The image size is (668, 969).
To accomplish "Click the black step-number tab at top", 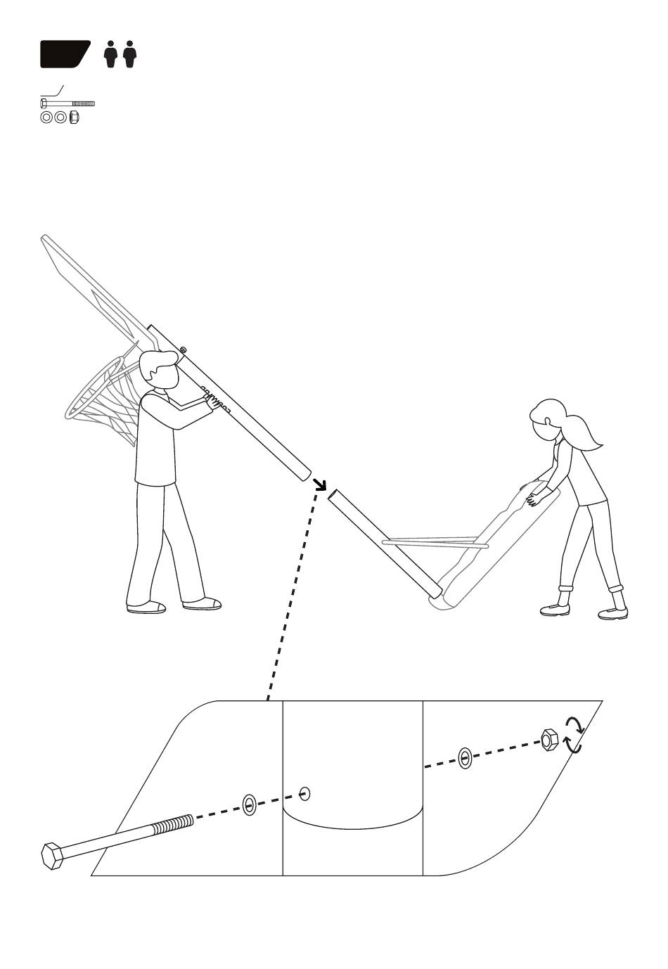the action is (x=65, y=54).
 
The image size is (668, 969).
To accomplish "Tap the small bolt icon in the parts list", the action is (x=68, y=103).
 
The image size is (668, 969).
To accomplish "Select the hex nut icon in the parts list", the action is (x=74, y=117).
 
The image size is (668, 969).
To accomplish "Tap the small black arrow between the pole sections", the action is (x=320, y=484).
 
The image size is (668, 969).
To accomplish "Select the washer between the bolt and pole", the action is (x=249, y=805).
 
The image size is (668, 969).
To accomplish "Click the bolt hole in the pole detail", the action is (x=304, y=794).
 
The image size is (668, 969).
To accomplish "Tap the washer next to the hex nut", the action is (x=464, y=758).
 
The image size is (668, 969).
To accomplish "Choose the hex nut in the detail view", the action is (x=549, y=740).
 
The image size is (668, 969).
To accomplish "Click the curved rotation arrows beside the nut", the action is (x=574, y=735).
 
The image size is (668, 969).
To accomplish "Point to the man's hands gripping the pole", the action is (x=210, y=401).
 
